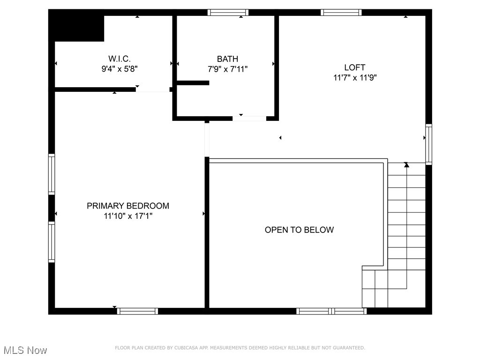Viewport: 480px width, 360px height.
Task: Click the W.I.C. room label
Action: (x=120, y=59)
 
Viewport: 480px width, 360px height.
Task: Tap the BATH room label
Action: (x=227, y=59)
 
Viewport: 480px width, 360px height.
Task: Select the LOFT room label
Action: (x=354, y=67)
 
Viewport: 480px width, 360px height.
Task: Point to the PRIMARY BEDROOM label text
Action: (x=127, y=206)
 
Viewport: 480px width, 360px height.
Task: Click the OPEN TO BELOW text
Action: (x=299, y=230)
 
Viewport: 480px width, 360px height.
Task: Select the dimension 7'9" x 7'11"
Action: (x=227, y=69)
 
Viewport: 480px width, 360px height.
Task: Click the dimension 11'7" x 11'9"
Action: (x=355, y=78)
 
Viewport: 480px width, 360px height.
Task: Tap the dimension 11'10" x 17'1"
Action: (x=128, y=216)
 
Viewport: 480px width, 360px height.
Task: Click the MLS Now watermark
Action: (x=25, y=350)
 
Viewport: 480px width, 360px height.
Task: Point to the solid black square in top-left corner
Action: (x=77, y=26)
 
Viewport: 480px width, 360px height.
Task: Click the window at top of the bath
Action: (x=228, y=13)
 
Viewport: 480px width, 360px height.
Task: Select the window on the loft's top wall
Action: (x=341, y=13)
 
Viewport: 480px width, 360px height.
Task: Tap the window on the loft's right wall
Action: (x=428, y=144)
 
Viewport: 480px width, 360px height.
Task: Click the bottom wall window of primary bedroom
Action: (x=137, y=311)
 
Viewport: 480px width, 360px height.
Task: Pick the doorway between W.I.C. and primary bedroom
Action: (x=153, y=89)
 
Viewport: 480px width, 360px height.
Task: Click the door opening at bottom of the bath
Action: (x=249, y=118)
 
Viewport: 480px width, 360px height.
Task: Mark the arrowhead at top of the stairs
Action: (x=406, y=165)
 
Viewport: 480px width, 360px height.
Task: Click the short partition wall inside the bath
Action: (x=193, y=83)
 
